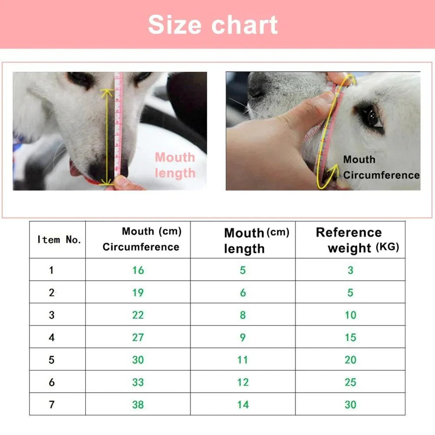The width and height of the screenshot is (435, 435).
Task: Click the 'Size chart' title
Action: [213, 24]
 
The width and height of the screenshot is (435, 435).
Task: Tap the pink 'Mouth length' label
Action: [175, 165]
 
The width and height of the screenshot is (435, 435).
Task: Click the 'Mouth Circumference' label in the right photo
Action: [381, 167]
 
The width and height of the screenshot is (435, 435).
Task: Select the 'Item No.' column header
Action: [59, 239]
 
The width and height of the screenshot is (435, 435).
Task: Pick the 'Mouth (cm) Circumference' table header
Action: [142, 239]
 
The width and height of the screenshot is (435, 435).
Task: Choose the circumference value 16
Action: [138, 270]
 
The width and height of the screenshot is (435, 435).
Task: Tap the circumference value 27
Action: [138, 338]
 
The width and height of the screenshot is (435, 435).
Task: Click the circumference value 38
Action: [138, 405]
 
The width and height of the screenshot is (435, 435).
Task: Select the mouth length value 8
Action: [242, 315]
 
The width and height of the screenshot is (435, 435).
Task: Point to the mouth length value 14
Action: [242, 405]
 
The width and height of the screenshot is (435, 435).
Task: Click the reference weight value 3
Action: [350, 270]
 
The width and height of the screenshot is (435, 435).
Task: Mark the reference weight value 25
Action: [350, 382]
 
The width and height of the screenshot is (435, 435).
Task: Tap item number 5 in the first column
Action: [52, 360]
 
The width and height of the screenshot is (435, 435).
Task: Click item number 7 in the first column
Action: [52, 405]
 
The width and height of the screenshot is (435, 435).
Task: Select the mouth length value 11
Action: [242, 360]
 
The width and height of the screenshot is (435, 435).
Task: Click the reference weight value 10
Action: [350, 315]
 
